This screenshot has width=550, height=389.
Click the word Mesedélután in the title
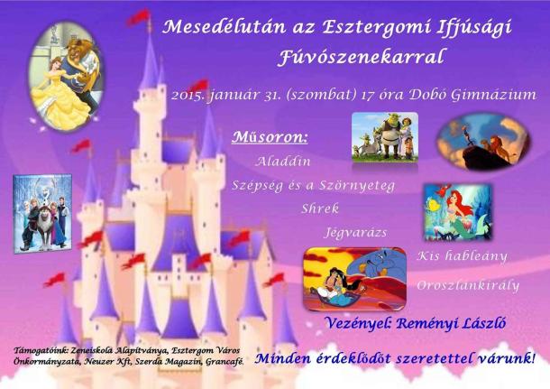[x=224, y=27]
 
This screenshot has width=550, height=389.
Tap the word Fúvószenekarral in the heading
[x=362, y=57]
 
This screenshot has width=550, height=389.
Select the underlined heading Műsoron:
[x=270, y=137]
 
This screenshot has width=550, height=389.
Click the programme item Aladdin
[x=283, y=162]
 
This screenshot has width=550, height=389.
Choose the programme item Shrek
[x=320, y=208]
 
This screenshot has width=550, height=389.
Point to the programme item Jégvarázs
[x=355, y=233]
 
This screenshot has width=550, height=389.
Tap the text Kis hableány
[x=462, y=256]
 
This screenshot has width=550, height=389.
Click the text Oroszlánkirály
[x=468, y=285]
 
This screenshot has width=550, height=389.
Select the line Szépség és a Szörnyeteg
[x=313, y=185]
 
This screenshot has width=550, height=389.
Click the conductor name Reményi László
[x=451, y=323]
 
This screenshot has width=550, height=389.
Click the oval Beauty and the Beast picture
[x=66, y=76]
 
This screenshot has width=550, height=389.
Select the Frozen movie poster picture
[x=42, y=213]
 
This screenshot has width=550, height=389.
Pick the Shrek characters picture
[x=385, y=137]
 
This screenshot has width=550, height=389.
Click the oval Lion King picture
[x=483, y=142]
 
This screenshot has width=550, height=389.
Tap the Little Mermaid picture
[x=458, y=212]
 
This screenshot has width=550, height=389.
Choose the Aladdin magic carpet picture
[x=355, y=279]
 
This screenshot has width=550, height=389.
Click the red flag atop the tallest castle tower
[x=139, y=17]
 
